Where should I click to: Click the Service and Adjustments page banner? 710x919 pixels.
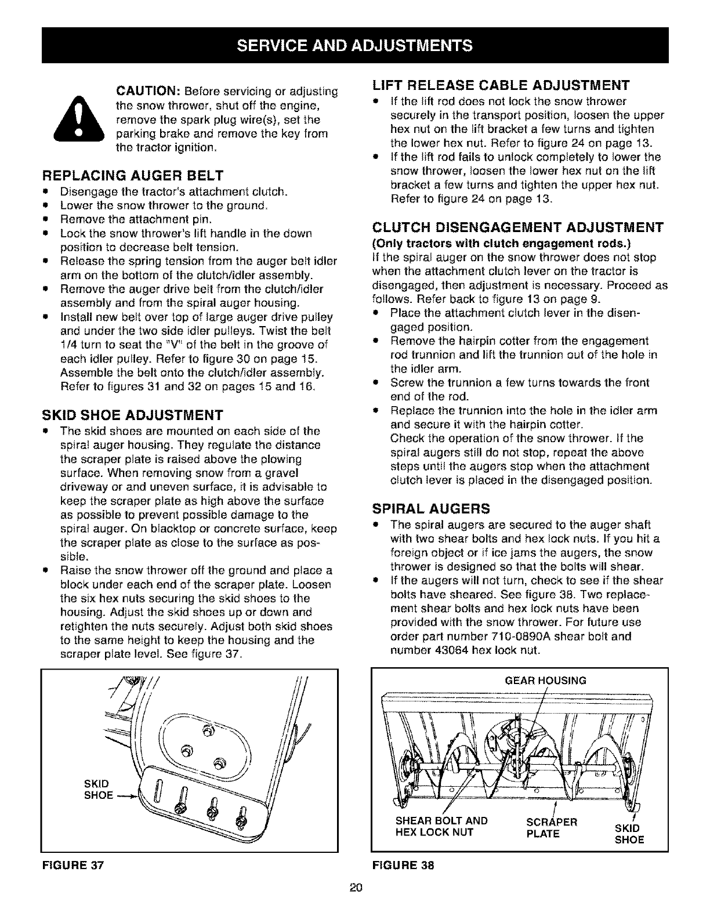coord(355,44)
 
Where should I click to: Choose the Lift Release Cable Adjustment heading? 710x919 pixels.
coord(501,86)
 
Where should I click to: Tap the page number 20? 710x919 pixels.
coord(356,887)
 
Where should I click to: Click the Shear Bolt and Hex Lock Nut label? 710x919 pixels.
coord(441,827)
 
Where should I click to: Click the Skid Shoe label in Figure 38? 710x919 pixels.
coord(629,833)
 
